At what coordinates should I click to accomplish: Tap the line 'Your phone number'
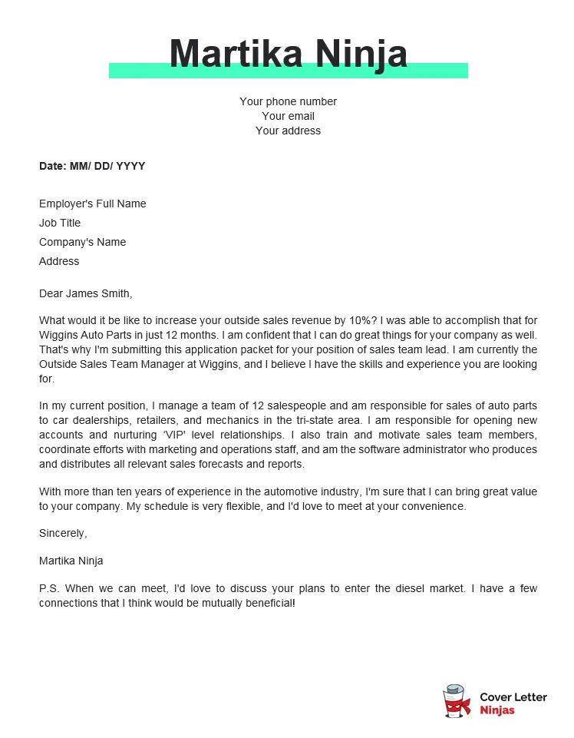(288, 101)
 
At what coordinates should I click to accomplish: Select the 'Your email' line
(288, 116)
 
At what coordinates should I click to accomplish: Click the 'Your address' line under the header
(288, 131)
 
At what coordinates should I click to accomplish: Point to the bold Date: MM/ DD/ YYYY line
(92, 166)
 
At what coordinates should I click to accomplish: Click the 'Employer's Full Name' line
(92, 204)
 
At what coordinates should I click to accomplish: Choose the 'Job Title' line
(60, 223)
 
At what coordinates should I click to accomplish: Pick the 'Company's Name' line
(82, 242)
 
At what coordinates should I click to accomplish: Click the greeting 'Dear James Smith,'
(85, 293)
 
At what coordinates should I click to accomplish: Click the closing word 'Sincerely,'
(63, 533)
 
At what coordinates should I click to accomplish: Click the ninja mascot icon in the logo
(457, 701)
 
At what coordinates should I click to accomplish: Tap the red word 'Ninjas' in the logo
(497, 710)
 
